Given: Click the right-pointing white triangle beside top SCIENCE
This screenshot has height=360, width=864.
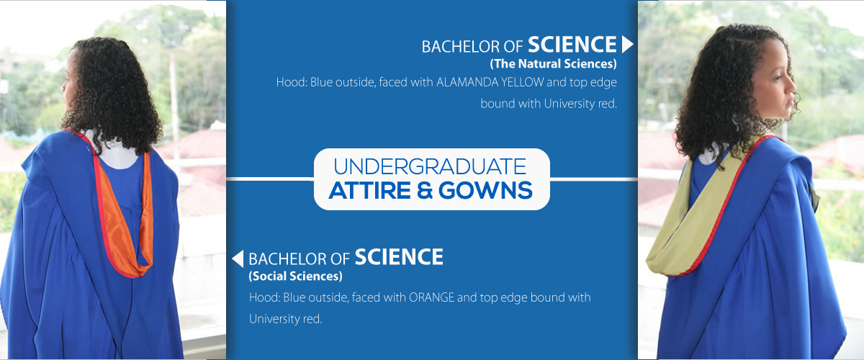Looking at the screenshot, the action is (627, 45).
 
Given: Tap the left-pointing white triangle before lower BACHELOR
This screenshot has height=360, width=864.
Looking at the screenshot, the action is (238, 258).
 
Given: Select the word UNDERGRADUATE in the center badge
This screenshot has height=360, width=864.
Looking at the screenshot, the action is (430, 167).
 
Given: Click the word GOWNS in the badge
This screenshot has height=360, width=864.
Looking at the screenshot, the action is (485, 190).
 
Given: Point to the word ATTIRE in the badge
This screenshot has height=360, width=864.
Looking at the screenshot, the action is (370, 190).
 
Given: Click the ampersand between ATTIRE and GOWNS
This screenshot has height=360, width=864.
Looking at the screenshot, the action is (425, 190).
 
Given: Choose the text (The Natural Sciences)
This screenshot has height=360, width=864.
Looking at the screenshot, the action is (554, 63).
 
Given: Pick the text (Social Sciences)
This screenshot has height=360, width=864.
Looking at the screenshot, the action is (296, 276).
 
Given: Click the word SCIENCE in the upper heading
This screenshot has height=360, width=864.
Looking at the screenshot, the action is (572, 45).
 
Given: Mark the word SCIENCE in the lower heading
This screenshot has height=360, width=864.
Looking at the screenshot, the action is (399, 257).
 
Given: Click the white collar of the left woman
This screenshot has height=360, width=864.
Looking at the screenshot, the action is (116, 153).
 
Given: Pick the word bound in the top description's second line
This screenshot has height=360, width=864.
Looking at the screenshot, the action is (498, 104).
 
